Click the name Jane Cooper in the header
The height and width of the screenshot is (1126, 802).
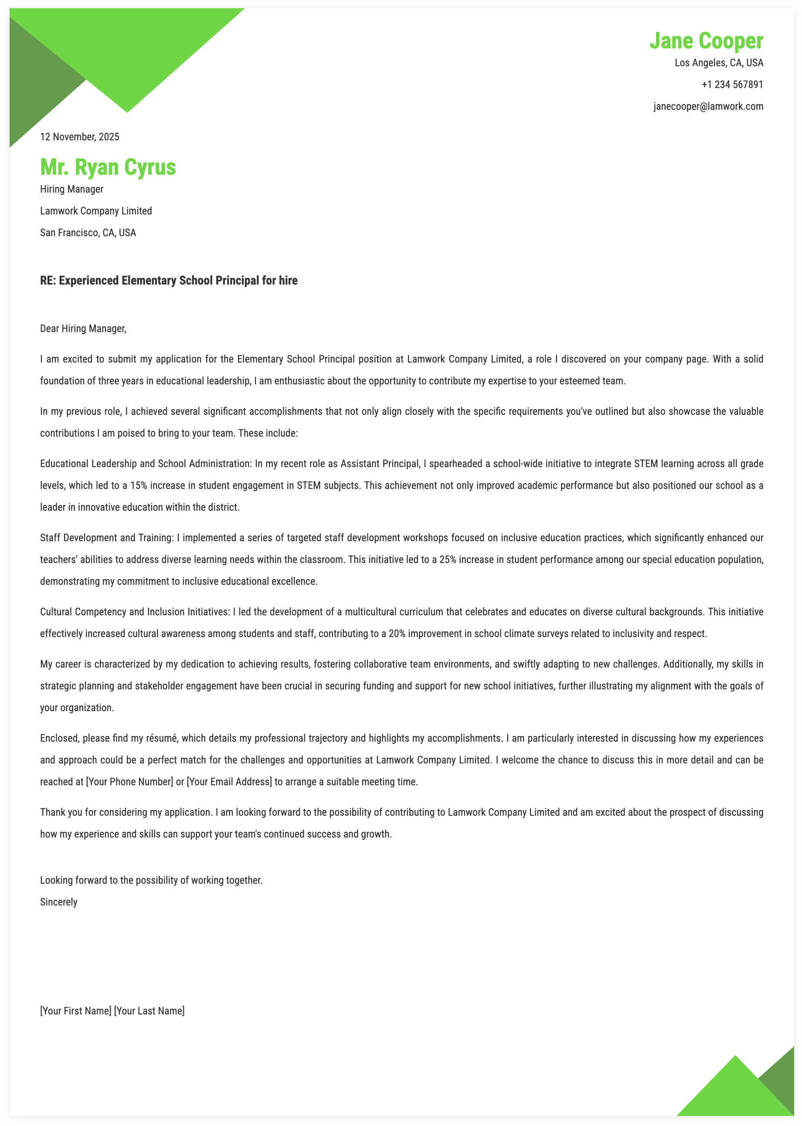click(706, 41)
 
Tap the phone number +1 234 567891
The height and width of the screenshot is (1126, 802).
click(732, 85)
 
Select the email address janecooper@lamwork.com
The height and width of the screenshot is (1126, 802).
click(708, 106)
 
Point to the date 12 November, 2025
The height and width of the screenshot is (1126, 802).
click(79, 137)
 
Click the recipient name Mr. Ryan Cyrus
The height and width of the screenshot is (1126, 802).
click(108, 167)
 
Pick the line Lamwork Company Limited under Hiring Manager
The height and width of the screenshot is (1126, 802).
click(96, 211)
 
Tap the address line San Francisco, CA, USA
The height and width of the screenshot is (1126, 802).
click(88, 233)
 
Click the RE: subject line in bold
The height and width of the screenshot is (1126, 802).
click(168, 280)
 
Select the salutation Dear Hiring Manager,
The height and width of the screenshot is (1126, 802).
click(83, 328)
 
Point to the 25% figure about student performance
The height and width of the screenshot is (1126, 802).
click(448, 560)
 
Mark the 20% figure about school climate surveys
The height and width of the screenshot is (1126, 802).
click(397, 633)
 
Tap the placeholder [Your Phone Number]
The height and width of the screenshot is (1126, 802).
click(129, 781)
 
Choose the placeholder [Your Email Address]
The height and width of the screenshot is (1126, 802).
click(229, 781)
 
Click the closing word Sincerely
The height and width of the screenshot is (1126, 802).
click(59, 902)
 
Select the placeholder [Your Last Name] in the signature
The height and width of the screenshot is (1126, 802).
click(149, 1011)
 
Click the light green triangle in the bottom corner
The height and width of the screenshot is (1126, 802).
click(731, 1091)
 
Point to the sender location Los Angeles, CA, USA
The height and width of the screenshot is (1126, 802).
click(719, 63)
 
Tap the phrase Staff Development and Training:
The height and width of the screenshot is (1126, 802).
click(107, 538)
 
